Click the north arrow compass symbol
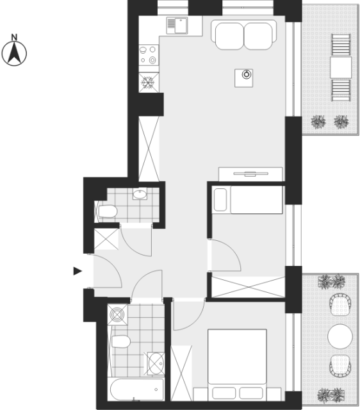pyautogui.click(x=14, y=53)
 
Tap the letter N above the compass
pyautogui.click(x=14, y=37)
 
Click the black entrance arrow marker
pyautogui.click(x=78, y=271)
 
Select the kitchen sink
pyautogui.click(x=177, y=26)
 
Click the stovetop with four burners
pyautogui.click(x=149, y=55)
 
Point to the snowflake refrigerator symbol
pyautogui.click(x=149, y=83)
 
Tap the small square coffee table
pyautogui.click(x=243, y=78)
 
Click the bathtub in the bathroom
pyautogui.click(x=137, y=389)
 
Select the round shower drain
pyautogui.click(x=117, y=315)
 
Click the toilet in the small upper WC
pyautogui.click(x=107, y=211)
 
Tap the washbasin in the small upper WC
pyautogui.click(x=140, y=194)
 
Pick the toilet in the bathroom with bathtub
pyautogui.click(x=120, y=341)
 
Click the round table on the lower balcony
pyautogui.click(x=340, y=336)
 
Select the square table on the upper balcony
pyautogui.click(x=341, y=67)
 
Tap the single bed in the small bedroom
pyautogui.click(x=248, y=199)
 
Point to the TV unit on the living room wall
pyautogui.click(x=250, y=174)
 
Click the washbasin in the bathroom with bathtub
pyautogui.click(x=156, y=363)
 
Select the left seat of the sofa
pyautogui.click(x=229, y=36)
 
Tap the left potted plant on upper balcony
pyautogui.click(x=318, y=122)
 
